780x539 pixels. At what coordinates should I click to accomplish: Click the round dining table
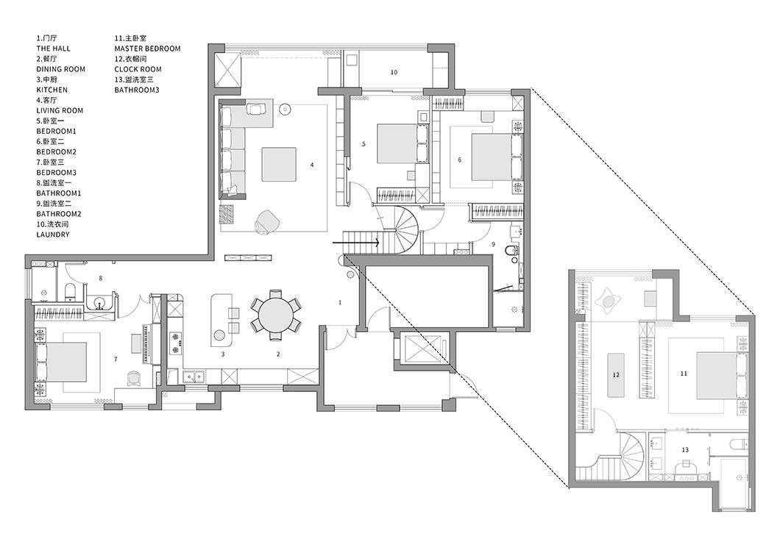[x=276, y=315]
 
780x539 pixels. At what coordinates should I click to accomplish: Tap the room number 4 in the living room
[x=312, y=165]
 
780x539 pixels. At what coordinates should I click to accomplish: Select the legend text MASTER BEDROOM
[x=147, y=49]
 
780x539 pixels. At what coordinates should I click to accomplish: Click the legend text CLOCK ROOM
[x=138, y=70]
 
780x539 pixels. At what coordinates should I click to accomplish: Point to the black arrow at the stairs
[x=356, y=243]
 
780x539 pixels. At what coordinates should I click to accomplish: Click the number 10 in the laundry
[x=394, y=73]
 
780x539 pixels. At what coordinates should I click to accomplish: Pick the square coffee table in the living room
[x=279, y=165]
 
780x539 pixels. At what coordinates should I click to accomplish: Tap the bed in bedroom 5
[x=397, y=143]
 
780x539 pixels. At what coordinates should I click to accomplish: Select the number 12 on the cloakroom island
[x=616, y=375]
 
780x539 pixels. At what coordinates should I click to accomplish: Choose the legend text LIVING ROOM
[x=60, y=111]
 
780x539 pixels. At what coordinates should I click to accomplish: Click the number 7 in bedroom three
[x=116, y=359]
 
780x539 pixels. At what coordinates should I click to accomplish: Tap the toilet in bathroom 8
[x=70, y=292]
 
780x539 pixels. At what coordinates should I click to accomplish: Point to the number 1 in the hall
[x=340, y=302]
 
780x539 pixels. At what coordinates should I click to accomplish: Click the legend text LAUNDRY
[x=53, y=235]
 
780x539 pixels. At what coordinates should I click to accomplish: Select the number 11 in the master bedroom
[x=684, y=374]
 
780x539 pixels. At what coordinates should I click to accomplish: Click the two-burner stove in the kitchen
[x=175, y=343]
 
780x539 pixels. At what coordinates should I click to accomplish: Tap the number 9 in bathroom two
[x=493, y=244]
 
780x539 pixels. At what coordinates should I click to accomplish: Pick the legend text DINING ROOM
[x=60, y=70]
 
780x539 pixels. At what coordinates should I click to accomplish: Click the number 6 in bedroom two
[x=460, y=160]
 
